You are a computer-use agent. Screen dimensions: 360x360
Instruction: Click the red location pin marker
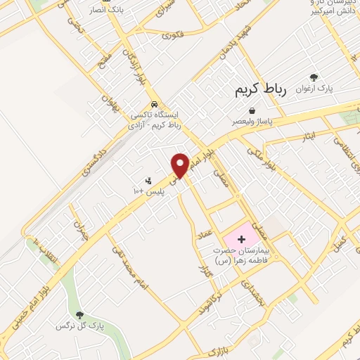[x=180, y=164]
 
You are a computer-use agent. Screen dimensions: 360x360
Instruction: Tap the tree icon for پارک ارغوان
[x=314, y=78]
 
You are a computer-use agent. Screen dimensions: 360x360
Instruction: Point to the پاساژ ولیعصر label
[x=253, y=121]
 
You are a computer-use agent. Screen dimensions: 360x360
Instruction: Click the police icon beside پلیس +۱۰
[x=148, y=181]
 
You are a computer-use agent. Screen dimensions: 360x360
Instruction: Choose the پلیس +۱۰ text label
[x=148, y=191]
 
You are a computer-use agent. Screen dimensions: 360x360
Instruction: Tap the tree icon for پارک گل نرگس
[x=79, y=315]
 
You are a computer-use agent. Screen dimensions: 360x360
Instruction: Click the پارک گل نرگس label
[x=79, y=326]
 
